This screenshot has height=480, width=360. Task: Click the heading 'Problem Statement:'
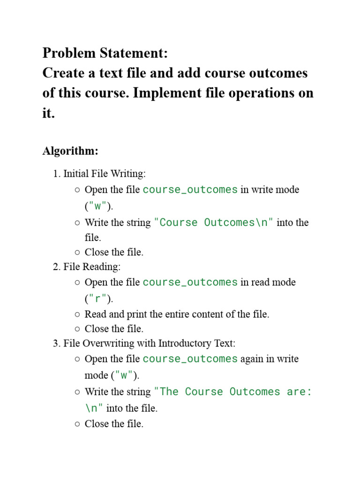click(105, 53)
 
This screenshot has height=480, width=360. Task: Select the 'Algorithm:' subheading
click(70, 151)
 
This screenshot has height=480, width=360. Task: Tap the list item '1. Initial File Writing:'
click(99, 174)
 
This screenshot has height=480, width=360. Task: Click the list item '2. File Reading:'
click(87, 267)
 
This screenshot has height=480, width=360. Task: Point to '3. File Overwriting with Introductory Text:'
click(144, 343)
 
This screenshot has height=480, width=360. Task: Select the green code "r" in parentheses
click(97, 299)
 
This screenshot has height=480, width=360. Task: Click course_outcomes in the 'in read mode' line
click(190, 282)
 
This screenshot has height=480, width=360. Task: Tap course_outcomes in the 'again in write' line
click(190, 359)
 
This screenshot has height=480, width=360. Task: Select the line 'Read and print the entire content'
click(177, 314)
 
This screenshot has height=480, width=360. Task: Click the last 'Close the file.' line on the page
click(114, 424)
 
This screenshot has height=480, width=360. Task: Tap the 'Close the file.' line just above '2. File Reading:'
click(114, 252)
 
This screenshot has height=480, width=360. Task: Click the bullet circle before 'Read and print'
click(77, 314)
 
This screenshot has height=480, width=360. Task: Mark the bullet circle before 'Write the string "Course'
click(77, 222)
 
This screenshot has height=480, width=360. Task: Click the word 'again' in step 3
click(253, 359)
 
